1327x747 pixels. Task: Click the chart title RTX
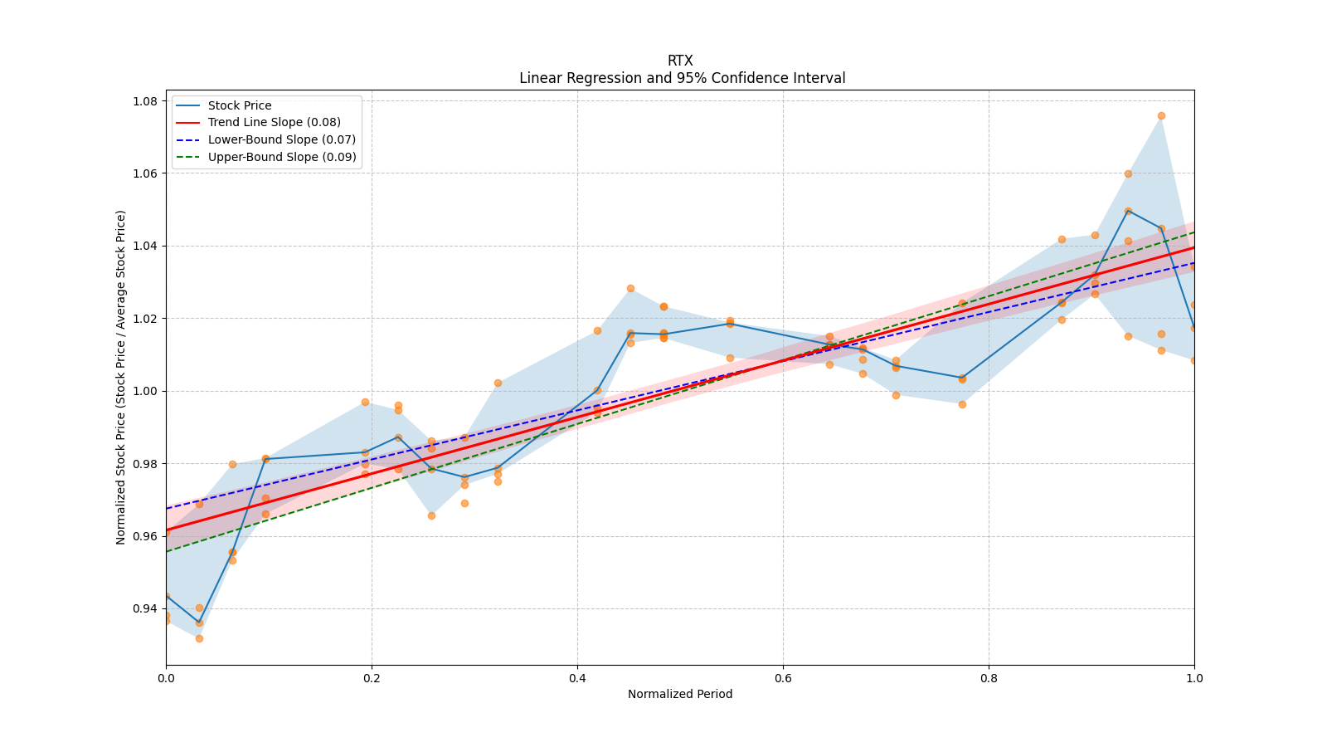tap(680, 61)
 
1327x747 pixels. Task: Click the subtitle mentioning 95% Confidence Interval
tap(682, 78)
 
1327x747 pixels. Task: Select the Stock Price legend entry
tap(240, 105)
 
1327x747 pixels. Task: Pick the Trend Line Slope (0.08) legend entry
tap(274, 122)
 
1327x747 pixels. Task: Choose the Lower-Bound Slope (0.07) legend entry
tap(281, 139)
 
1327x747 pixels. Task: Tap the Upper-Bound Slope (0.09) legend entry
tap(282, 157)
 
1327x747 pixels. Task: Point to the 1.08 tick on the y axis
tap(146, 101)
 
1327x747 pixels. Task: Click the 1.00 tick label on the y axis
tap(146, 391)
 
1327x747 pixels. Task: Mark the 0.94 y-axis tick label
tap(146, 608)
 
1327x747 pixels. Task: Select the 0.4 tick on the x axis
tap(577, 678)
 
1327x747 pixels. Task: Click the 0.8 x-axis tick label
tap(989, 678)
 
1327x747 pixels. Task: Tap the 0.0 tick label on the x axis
tap(166, 678)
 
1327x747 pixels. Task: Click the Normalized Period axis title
tap(680, 694)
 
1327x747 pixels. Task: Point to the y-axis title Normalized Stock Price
tap(121, 377)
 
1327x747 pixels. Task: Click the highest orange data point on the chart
tap(1161, 115)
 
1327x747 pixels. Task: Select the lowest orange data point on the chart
tap(199, 638)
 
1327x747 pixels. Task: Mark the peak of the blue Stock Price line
tap(1128, 211)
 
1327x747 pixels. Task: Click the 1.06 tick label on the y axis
tap(146, 173)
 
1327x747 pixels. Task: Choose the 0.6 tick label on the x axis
tap(783, 678)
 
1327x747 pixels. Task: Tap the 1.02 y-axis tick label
tap(146, 319)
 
